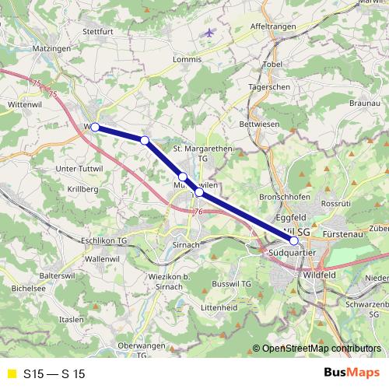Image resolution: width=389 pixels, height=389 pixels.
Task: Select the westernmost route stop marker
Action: (95, 127)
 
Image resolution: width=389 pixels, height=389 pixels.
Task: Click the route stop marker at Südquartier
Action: (293, 240)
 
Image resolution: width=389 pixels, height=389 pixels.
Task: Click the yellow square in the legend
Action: (11, 374)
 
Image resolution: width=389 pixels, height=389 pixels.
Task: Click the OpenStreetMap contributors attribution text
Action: (321, 349)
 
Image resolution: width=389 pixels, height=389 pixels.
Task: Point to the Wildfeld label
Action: (321, 275)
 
